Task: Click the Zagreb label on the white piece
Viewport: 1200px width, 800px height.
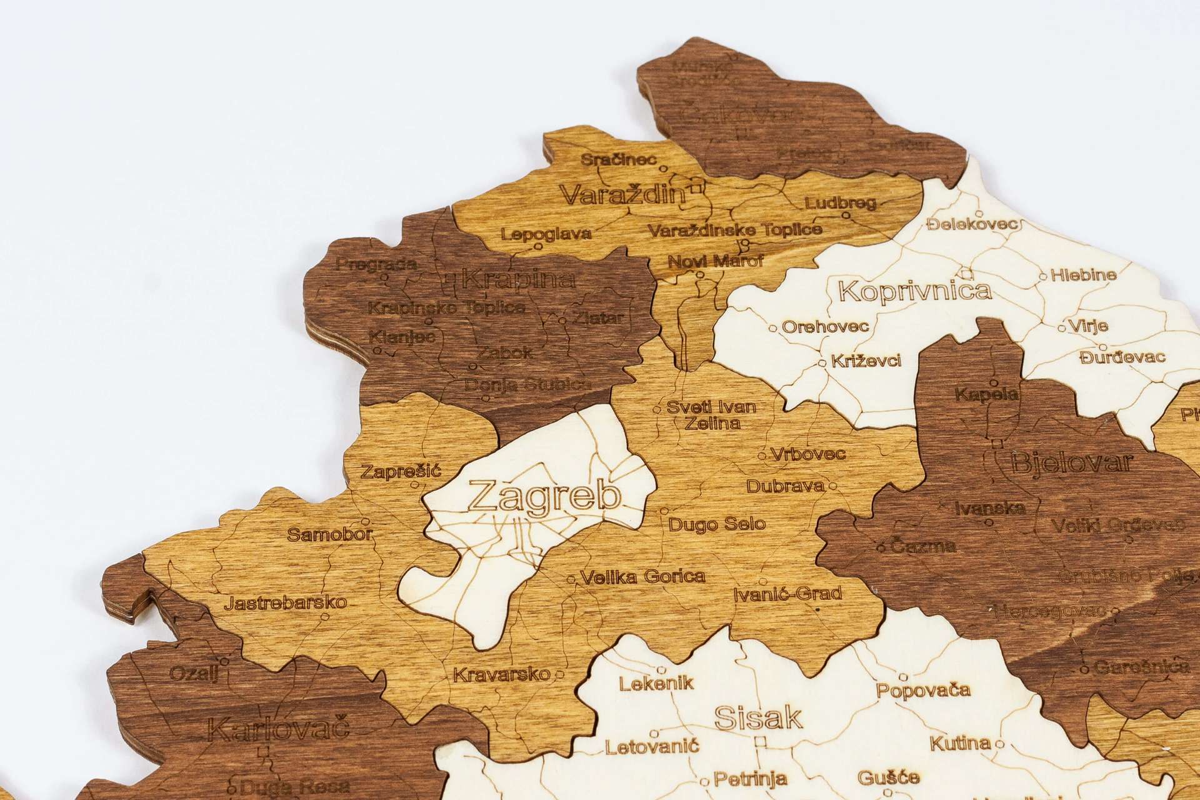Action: pos(545,497)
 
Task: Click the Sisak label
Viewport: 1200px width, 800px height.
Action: pos(758,718)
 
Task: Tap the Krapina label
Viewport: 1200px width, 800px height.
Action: pos(517,279)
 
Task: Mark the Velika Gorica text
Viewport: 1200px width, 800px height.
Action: pos(642,576)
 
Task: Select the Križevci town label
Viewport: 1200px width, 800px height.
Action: pos(866,361)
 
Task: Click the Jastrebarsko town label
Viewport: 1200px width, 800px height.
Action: pos(285,603)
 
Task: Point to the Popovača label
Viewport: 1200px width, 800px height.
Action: pos(923,691)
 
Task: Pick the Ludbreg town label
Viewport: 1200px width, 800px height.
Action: pos(841,203)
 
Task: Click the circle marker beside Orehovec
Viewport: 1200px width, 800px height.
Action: pos(772,327)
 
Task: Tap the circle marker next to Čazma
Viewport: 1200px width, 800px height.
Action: pos(881,547)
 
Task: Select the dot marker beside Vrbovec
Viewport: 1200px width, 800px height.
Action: pos(762,456)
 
